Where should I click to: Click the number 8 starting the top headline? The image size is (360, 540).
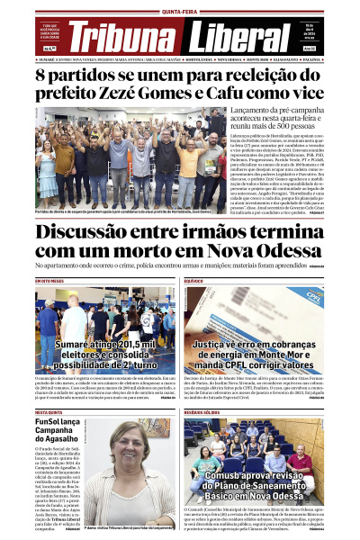[x=42, y=74]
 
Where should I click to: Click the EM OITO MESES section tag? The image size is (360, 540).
[x=50, y=281]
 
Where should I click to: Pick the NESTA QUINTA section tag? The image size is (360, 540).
[x=49, y=411]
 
